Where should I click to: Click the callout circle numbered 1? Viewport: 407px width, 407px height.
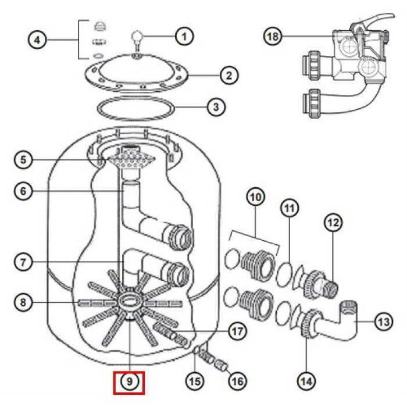click(184, 36)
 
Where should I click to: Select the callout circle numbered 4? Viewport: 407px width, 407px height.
click(37, 40)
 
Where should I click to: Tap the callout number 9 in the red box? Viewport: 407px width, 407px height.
click(129, 381)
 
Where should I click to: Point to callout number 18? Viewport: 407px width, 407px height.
click(273, 36)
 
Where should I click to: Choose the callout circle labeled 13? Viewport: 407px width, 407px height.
click(384, 322)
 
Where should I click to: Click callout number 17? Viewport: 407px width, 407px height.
click(237, 331)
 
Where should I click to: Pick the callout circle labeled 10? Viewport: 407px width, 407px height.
click(255, 197)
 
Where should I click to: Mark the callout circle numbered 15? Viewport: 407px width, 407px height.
click(195, 381)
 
